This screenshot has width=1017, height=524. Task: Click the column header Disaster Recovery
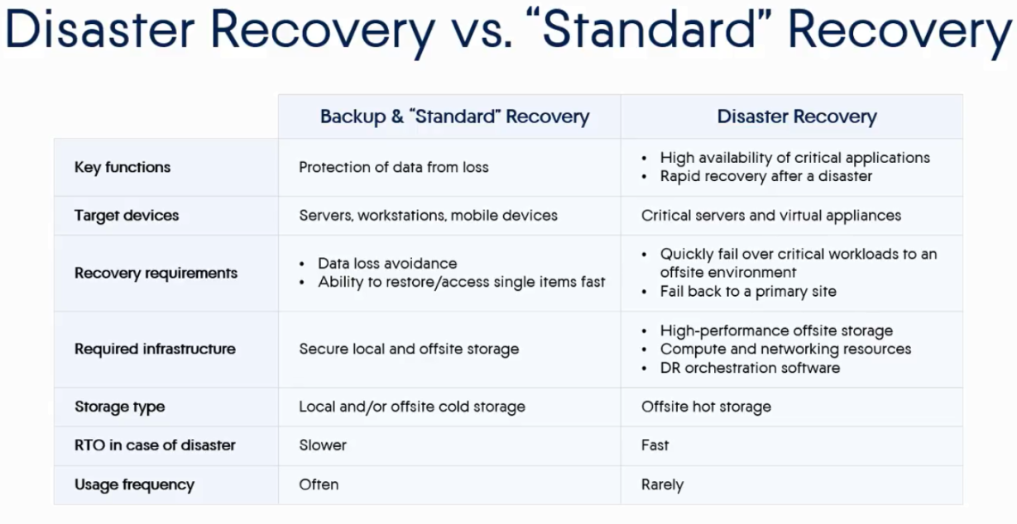pyautogui.click(x=796, y=117)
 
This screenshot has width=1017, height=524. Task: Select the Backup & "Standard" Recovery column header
pyautogui.click(x=454, y=117)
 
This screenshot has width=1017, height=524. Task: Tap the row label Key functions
pyautogui.click(x=122, y=167)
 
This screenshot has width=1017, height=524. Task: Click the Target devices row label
pyautogui.click(x=127, y=216)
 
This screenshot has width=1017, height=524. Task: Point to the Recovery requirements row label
pyautogui.click(x=156, y=274)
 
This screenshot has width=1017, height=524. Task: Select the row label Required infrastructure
pyautogui.click(x=155, y=349)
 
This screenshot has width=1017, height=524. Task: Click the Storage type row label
pyautogui.click(x=119, y=407)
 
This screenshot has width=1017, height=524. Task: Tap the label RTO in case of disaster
pyautogui.click(x=155, y=445)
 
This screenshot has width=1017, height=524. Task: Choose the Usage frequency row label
pyautogui.click(x=134, y=485)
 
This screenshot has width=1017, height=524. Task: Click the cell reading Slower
pyautogui.click(x=323, y=445)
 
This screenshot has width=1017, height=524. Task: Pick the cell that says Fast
pyautogui.click(x=655, y=445)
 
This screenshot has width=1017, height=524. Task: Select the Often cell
pyautogui.click(x=319, y=485)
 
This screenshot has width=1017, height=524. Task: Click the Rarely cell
pyautogui.click(x=662, y=485)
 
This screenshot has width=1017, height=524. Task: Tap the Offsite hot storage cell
pyautogui.click(x=706, y=407)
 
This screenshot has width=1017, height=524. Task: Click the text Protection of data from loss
pyautogui.click(x=393, y=167)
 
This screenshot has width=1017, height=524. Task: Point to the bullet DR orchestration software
pyautogui.click(x=750, y=368)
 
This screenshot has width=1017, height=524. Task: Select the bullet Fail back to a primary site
pyautogui.click(x=748, y=292)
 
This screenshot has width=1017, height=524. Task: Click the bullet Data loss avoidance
pyautogui.click(x=386, y=264)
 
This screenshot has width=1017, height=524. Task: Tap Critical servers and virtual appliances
pyautogui.click(x=770, y=216)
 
